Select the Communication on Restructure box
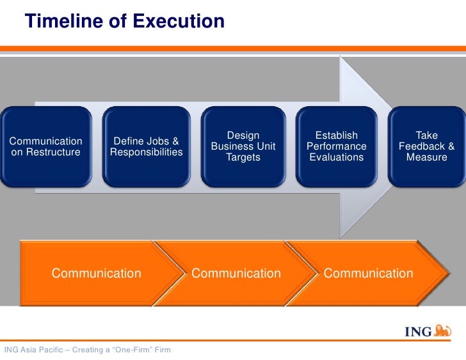coord(45,146)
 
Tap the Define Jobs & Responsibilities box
coord(146,146)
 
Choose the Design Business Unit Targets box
coord(243,146)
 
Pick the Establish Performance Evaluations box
coord(337,146)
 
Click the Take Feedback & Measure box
coord(426,146)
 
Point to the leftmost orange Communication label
coord(96,274)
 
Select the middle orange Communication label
coord(236,274)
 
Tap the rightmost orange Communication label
coord(369,274)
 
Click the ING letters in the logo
coord(418,332)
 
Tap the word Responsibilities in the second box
coord(146,152)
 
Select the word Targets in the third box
coord(243,157)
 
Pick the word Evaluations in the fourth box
coord(337,157)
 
